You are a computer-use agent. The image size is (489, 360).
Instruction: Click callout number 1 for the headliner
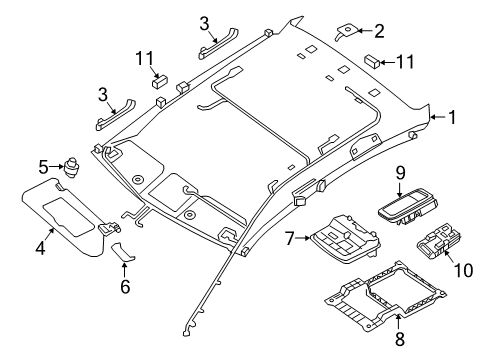tap(452, 118)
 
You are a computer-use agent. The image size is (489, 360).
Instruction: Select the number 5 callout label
tap(43, 166)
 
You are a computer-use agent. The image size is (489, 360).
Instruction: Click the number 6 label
tap(126, 286)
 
